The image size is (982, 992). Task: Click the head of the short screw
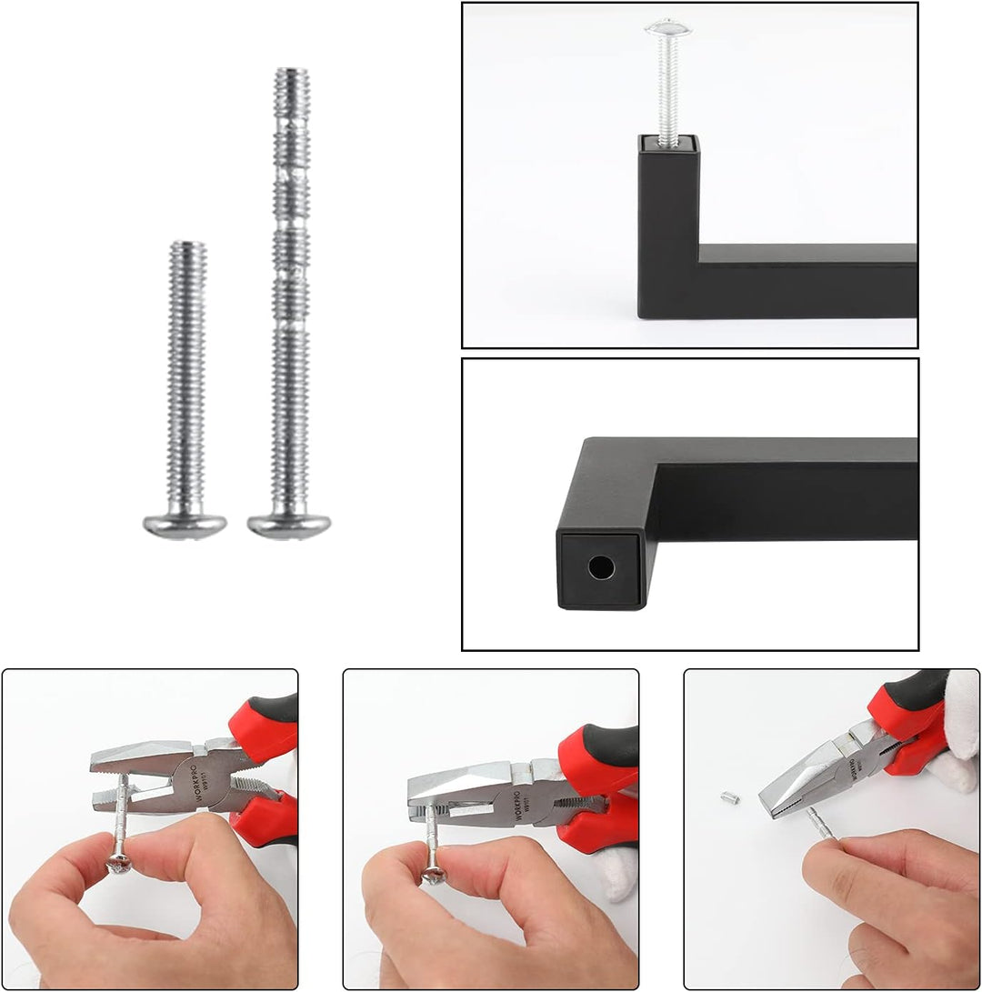tap(185, 525)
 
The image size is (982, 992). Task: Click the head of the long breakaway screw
tap(289, 525)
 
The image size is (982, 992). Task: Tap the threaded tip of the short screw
tap(187, 248)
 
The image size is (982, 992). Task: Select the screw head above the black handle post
tap(668, 27)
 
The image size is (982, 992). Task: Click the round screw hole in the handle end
tap(600, 568)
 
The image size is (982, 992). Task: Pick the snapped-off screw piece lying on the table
tap(730, 797)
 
